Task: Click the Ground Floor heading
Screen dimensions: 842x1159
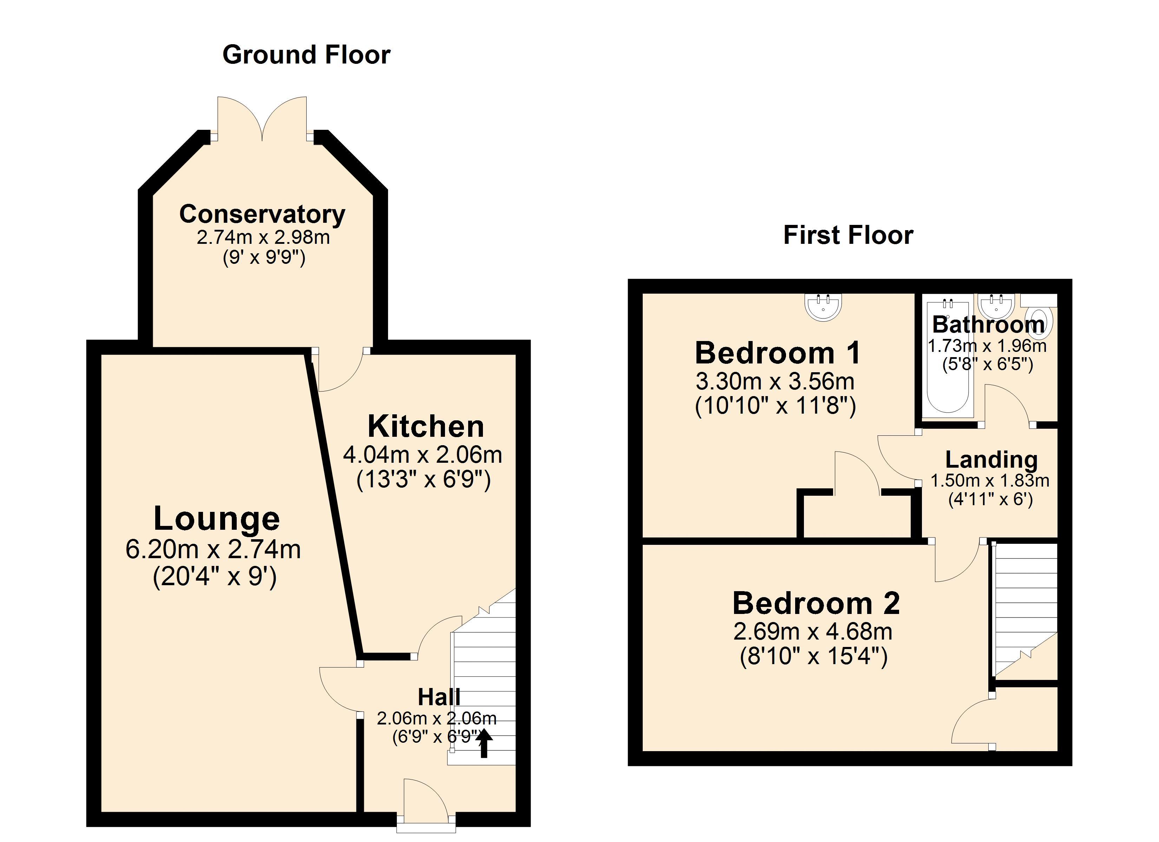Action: pos(306,55)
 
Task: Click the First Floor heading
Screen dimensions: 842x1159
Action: pos(848,235)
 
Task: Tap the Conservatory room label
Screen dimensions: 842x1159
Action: pos(262,214)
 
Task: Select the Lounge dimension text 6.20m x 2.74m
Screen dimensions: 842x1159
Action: pos(213,550)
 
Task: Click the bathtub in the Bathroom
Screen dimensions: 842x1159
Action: pos(948,357)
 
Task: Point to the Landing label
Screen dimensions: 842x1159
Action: pos(991,460)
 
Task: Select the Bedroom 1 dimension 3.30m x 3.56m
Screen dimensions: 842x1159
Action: pos(775,381)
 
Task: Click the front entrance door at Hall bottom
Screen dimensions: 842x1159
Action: pos(425,802)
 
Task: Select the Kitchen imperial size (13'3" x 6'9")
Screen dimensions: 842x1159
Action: pos(423,480)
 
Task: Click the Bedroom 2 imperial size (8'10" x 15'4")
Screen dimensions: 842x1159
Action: pos(813,656)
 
